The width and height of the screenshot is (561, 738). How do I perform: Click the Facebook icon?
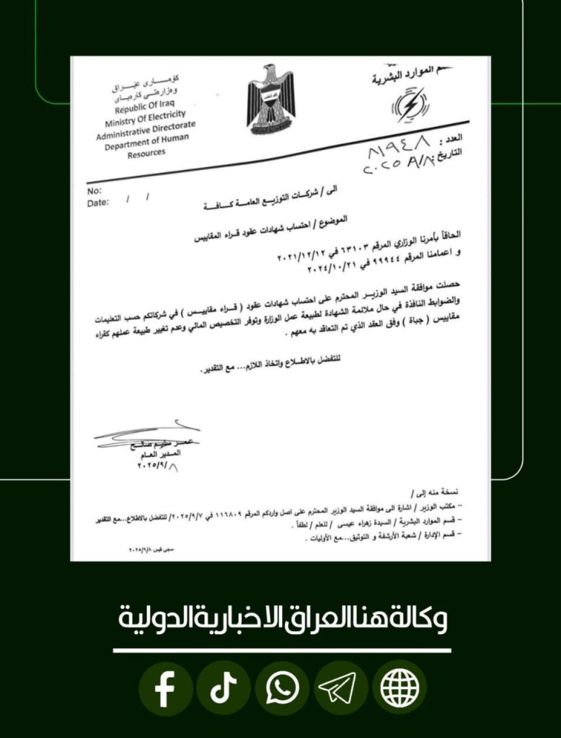coord(165,689)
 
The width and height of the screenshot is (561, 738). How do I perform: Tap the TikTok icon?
coord(224,689)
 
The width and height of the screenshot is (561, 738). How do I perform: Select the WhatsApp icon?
coord(282,689)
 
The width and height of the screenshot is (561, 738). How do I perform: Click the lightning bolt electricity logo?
coord(409,105)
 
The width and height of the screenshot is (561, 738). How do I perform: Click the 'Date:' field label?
coord(98,203)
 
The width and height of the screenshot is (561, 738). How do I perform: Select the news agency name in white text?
coord(281,618)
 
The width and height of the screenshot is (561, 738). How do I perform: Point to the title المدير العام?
coord(164,455)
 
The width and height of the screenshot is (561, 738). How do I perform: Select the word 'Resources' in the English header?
coord(146,152)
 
